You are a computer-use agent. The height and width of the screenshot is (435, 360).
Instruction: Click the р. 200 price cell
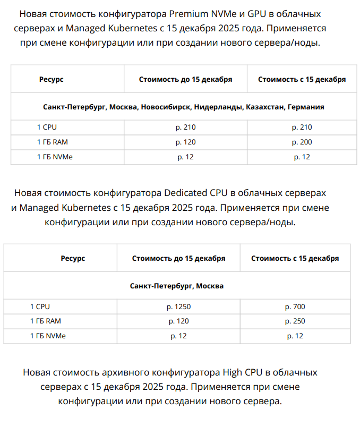pos(302,142)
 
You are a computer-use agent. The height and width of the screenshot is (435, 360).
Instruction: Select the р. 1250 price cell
pos(178,306)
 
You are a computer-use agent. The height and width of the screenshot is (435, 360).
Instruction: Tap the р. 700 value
pos(295,306)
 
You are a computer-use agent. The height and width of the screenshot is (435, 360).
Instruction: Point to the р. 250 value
pos(295,321)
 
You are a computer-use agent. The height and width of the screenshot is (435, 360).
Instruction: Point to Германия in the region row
pos(306,107)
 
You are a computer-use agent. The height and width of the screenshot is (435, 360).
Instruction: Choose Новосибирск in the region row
pos(166,107)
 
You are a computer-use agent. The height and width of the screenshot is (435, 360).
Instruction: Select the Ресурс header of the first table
pos(51,79)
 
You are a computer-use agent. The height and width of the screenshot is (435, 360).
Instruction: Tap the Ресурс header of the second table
pos(73,259)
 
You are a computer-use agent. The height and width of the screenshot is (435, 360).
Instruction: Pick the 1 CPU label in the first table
pos(47,127)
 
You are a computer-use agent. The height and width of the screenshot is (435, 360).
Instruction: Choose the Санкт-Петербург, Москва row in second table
pos(177,286)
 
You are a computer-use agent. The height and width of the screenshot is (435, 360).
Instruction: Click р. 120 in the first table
pos(185,142)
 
